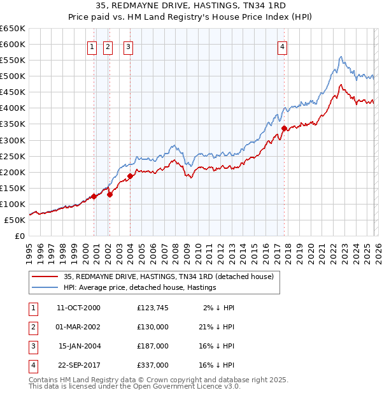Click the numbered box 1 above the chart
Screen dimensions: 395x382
tap(92, 47)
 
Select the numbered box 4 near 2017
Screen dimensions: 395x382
tap(282, 47)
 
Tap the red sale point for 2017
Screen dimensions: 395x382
tap(284, 128)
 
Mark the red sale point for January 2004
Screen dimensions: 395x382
tap(130, 176)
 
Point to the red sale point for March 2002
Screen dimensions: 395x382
tap(110, 194)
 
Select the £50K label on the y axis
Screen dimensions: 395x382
tap(15, 220)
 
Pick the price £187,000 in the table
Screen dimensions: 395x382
tap(153, 346)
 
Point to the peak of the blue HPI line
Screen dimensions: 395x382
tap(341, 57)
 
